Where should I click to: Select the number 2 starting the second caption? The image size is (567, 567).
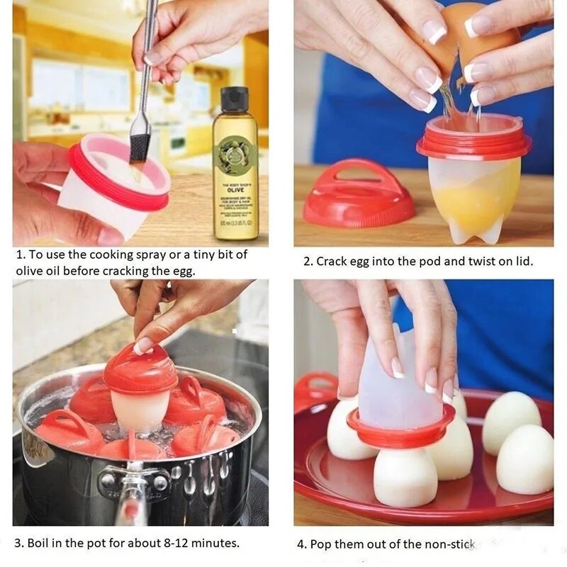pos(307,262)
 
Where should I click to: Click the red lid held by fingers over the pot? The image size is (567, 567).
pos(140,369)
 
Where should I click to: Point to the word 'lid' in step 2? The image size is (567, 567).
pos(523,262)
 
